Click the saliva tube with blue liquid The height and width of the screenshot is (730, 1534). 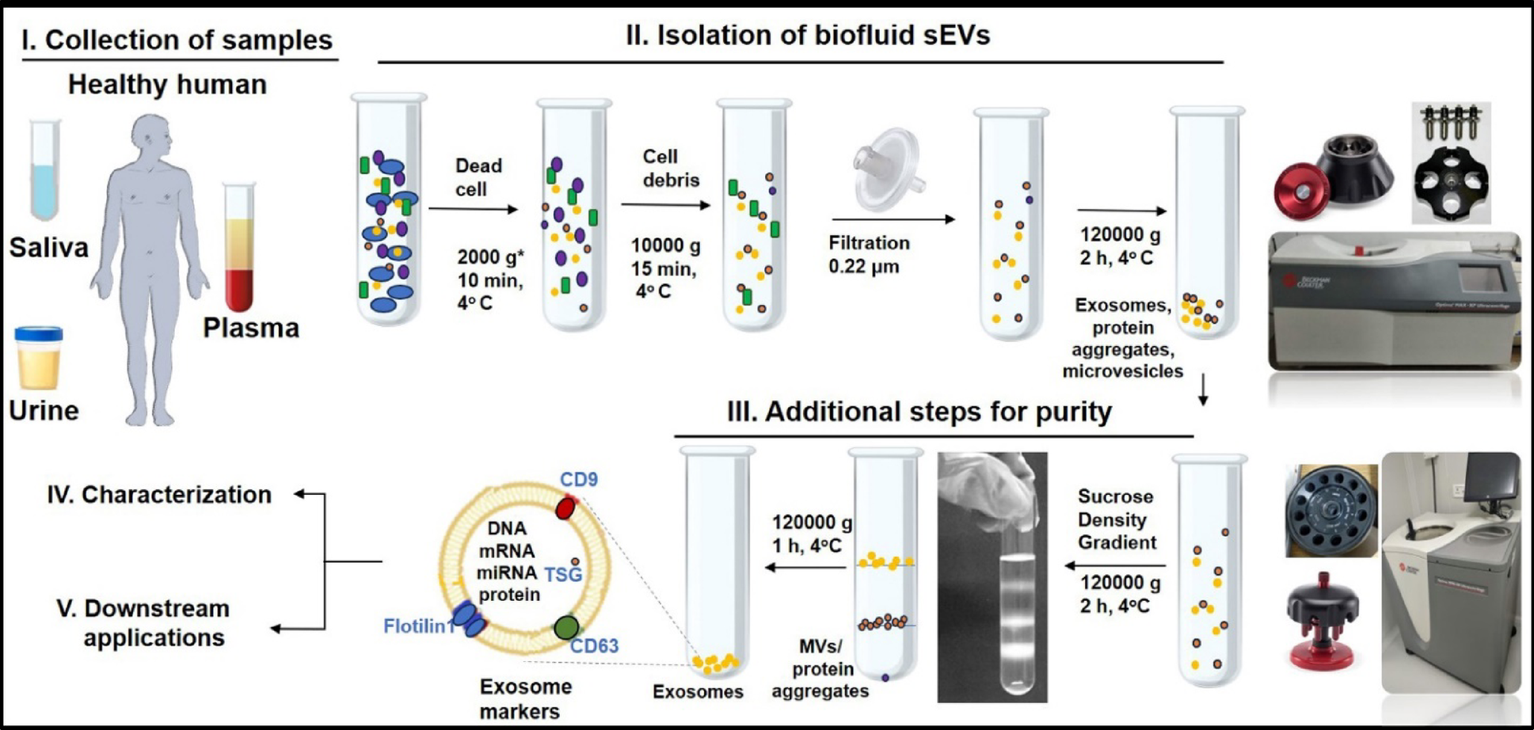(45, 170)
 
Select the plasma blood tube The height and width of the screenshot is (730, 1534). (239, 247)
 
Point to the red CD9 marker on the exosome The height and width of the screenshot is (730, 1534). (565, 508)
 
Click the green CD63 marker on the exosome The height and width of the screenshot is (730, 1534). (565, 628)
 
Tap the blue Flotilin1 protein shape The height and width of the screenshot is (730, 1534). (469, 618)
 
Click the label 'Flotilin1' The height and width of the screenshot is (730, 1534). (418, 626)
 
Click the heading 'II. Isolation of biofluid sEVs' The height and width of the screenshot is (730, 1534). (807, 36)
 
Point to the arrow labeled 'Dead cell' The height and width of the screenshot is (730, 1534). (473, 209)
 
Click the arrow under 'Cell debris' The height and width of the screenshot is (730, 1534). (665, 205)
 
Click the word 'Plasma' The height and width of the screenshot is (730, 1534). (251, 328)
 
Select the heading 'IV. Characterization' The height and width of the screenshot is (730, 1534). (159, 495)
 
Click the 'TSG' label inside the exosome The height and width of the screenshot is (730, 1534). (562, 575)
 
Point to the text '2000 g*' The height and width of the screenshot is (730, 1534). (490, 257)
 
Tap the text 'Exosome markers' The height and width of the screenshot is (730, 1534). (524, 698)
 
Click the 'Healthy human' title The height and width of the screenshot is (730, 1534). (167, 85)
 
